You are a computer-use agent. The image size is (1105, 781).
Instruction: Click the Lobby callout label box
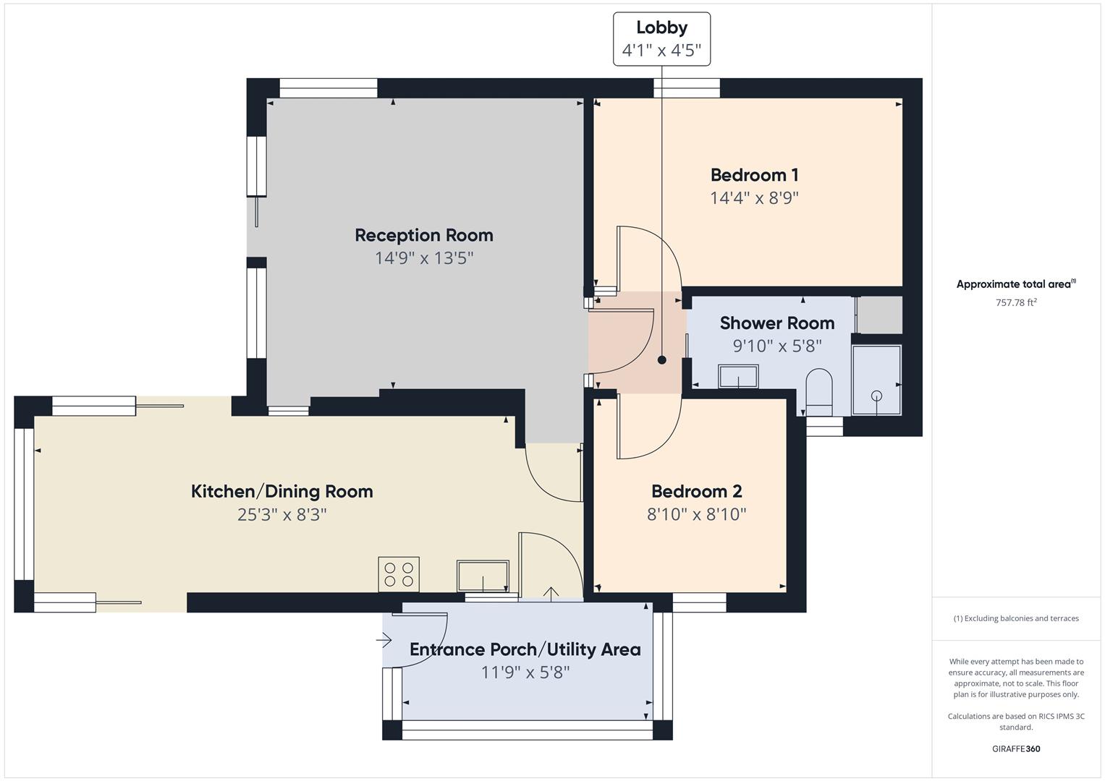click(661, 39)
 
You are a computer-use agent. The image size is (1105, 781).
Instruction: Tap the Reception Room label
click(424, 235)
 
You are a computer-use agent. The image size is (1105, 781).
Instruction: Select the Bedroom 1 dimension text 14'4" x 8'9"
click(754, 198)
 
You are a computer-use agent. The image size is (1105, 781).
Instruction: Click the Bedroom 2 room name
click(696, 492)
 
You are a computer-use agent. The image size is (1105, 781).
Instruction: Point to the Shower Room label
click(776, 323)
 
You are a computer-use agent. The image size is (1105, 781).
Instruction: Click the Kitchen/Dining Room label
click(281, 492)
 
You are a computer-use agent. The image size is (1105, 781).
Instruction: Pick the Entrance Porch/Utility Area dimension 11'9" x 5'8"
click(525, 673)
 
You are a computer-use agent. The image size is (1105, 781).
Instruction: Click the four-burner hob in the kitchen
click(399, 574)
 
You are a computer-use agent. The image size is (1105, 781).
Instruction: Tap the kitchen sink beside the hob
click(483, 576)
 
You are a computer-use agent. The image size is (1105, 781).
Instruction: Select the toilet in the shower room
click(819, 391)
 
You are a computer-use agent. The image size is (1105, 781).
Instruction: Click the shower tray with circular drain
click(876, 380)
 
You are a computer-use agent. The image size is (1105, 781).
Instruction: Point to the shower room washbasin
click(738, 377)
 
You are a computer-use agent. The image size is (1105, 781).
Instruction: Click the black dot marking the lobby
click(661, 360)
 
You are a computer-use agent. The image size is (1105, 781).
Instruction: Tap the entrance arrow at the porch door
click(384, 640)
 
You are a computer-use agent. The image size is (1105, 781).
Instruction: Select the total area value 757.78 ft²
click(1015, 303)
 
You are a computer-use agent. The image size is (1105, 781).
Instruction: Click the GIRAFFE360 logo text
click(1015, 749)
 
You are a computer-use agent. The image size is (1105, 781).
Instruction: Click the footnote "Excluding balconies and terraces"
click(1015, 618)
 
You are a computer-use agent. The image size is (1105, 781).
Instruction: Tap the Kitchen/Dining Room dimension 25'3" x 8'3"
click(281, 515)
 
